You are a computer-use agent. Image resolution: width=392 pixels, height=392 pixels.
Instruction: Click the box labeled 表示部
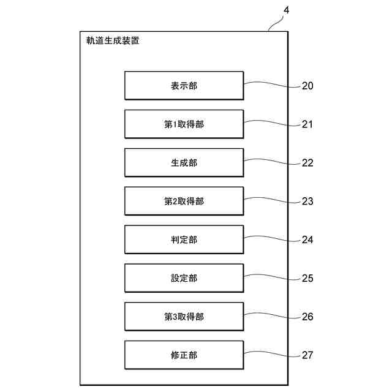[184, 86]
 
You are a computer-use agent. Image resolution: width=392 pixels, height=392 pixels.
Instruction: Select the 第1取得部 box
[184, 124]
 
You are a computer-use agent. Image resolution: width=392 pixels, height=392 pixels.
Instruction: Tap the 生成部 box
[184, 163]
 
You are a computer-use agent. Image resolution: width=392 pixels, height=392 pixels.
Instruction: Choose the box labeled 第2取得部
[184, 201]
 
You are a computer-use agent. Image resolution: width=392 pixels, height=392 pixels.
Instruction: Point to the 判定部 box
[184, 239]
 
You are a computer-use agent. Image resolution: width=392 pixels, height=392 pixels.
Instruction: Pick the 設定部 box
[184, 278]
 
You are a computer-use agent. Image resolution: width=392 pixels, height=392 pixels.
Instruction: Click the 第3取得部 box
[184, 317]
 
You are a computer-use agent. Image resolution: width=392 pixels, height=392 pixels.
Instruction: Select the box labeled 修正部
[184, 355]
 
